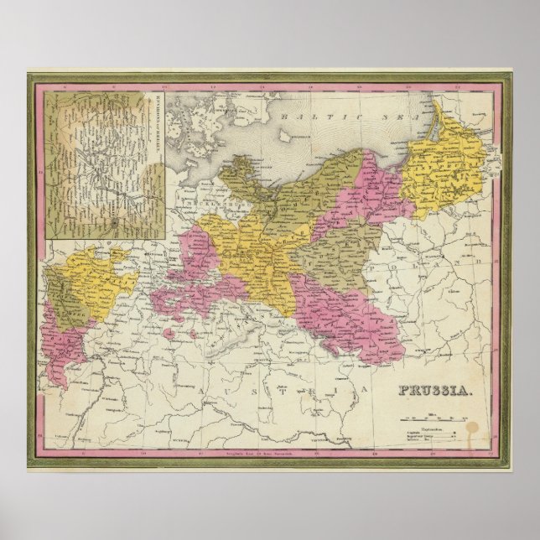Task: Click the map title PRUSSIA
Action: [428, 391]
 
